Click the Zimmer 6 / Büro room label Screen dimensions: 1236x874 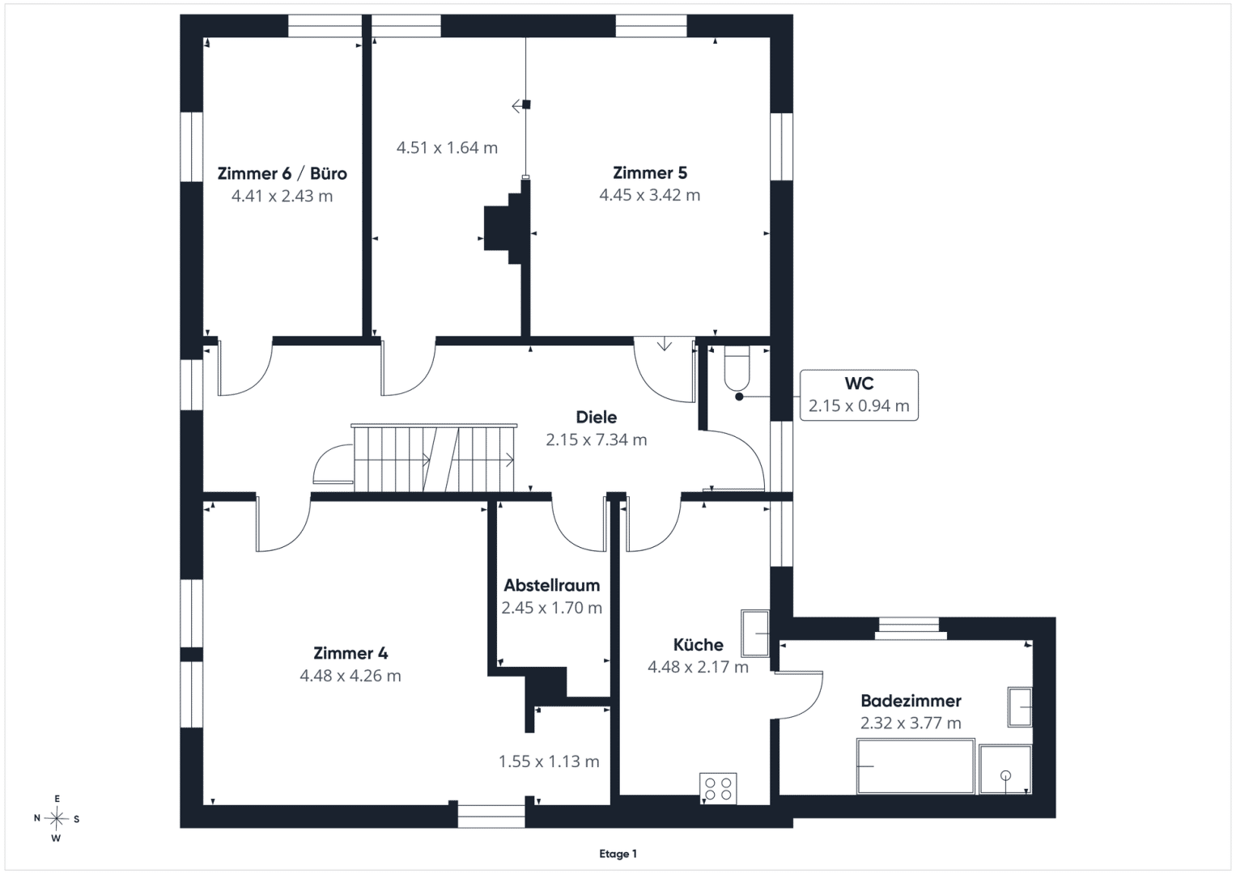coord(282,173)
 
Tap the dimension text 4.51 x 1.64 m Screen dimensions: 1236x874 coord(447,148)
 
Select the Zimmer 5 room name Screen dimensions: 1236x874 coord(650,172)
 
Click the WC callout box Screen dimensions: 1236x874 coord(859,395)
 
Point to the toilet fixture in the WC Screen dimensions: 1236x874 coord(737,368)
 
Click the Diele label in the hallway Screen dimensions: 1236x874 coord(597,417)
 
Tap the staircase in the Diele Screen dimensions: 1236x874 coord(434,458)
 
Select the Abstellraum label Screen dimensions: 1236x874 coord(552,585)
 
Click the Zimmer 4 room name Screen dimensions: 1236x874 coord(350,653)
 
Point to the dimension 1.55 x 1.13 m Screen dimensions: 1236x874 coord(549,762)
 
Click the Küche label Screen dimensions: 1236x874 coord(698,644)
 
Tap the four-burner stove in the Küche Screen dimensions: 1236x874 coord(718,788)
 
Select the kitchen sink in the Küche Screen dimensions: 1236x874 coord(755,634)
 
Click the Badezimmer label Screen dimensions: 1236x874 coord(911,701)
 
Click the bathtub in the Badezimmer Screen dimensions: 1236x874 coord(915,766)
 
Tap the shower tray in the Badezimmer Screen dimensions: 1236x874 coord(1005,770)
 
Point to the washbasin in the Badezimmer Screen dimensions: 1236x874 coord(1020,706)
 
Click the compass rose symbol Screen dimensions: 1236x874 coord(57,819)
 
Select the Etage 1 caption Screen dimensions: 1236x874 coord(618,854)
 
